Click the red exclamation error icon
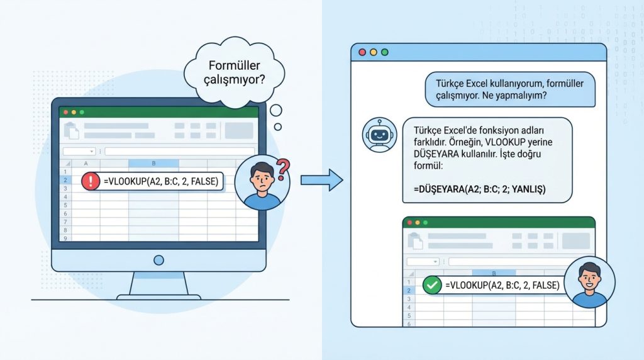tap(91, 182)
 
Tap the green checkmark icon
tap(431, 285)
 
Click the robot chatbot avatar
tap(379, 135)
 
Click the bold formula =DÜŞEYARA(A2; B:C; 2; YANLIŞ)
tap(480, 188)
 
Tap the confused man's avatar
tap(262, 183)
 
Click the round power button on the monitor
tap(158, 259)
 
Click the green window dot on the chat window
tap(385, 52)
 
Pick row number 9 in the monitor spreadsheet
tap(65, 239)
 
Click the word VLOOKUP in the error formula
tap(128, 182)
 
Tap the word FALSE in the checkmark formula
tap(544, 285)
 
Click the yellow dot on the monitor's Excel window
tap(74, 112)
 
